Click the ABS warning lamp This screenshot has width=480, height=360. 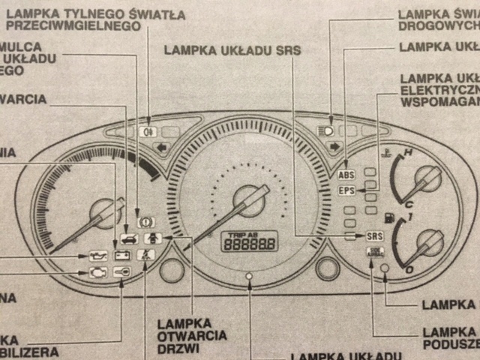point(346,175)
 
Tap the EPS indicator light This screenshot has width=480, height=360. point(346,190)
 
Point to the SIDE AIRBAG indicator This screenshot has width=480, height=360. point(374,251)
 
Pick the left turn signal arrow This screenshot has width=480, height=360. point(160,148)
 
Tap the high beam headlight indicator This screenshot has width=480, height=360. point(325,130)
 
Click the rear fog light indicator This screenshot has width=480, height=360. point(146,131)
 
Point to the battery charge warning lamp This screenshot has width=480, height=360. point(121,255)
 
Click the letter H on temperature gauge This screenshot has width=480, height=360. point(408,154)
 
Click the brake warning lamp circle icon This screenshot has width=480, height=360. point(145,222)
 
